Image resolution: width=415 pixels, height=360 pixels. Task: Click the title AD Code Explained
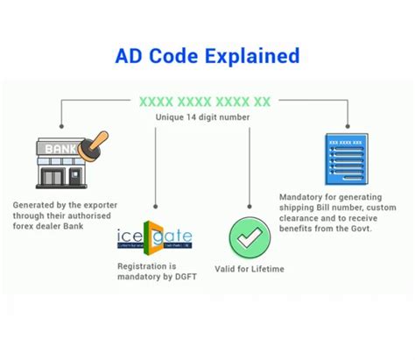coord(207,57)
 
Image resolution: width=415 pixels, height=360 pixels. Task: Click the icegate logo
coord(154,239)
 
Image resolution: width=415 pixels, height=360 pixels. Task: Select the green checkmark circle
coord(250,237)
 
